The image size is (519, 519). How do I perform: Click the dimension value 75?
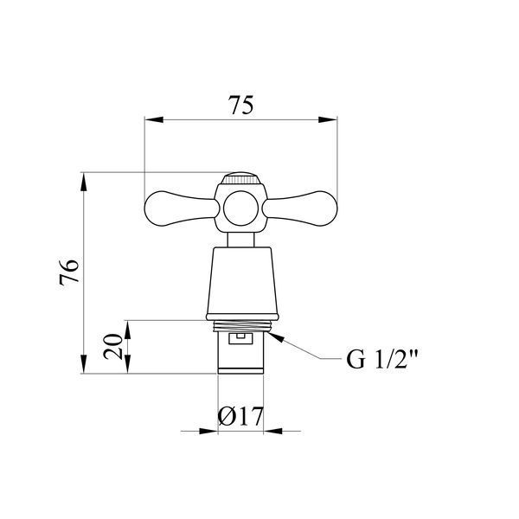pyautogui.click(x=242, y=106)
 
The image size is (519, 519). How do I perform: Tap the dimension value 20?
pyautogui.click(x=112, y=347)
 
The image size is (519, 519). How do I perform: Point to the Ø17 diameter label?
pyautogui.click(x=240, y=416)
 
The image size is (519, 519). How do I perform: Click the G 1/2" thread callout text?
pyautogui.click(x=382, y=360)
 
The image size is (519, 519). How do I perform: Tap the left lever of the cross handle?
pyautogui.click(x=182, y=208)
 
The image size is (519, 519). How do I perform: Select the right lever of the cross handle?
pyautogui.click(x=300, y=208)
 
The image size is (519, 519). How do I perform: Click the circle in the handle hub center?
pyautogui.click(x=240, y=208)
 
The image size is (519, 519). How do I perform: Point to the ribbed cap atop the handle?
pyautogui.click(x=240, y=178)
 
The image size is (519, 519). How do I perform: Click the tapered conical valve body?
pyautogui.click(x=242, y=280)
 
